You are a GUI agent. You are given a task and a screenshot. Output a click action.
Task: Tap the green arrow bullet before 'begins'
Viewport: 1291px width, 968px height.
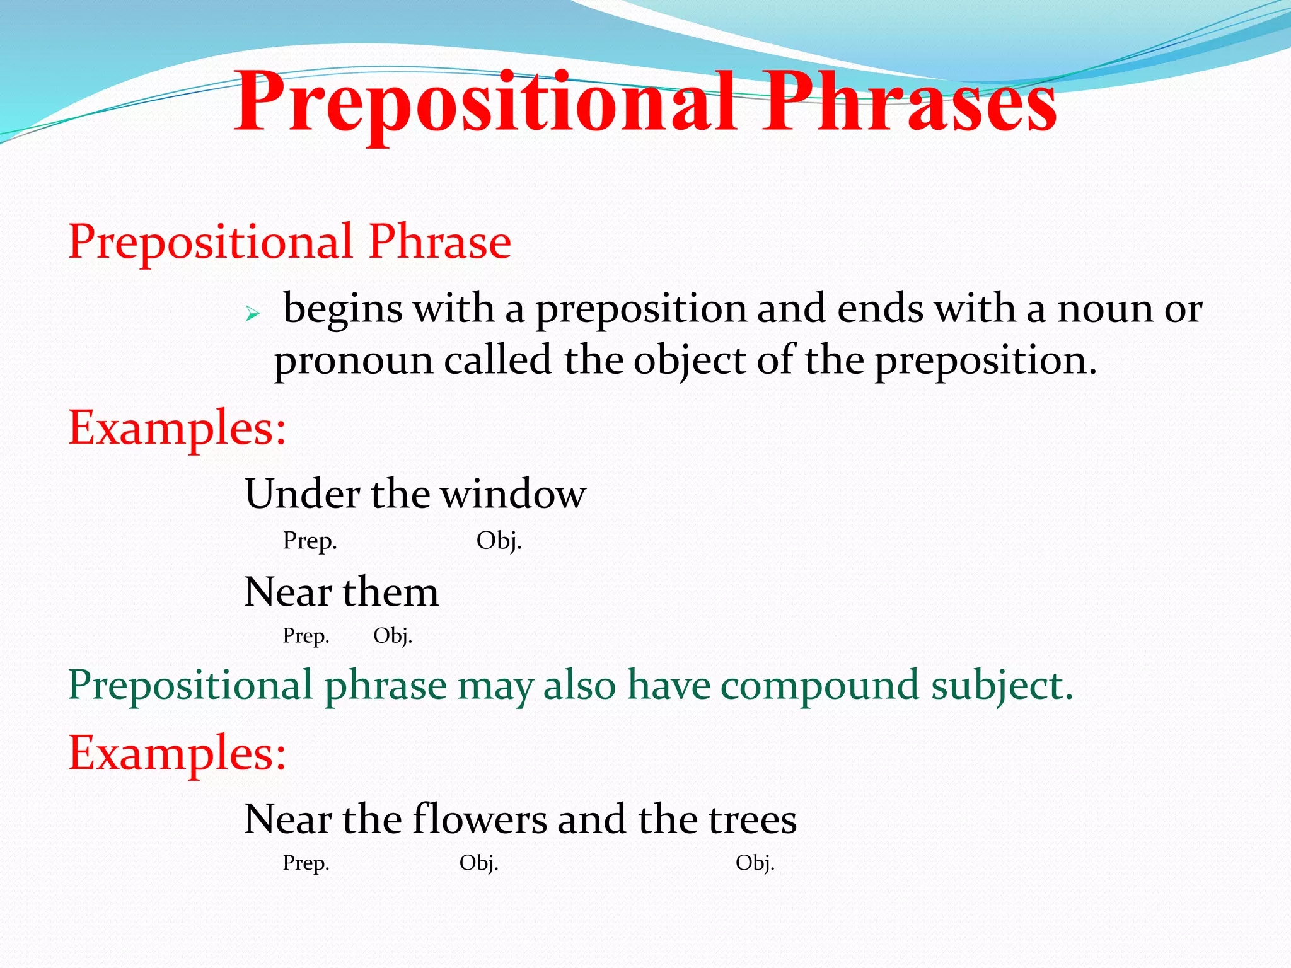tap(252, 313)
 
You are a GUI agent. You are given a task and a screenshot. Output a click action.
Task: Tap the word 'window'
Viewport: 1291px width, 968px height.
tap(513, 493)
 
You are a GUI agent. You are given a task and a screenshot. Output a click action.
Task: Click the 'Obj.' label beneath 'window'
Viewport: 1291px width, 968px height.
tap(499, 541)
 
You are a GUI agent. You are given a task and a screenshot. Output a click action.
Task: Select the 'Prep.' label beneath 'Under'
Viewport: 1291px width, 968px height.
tap(310, 541)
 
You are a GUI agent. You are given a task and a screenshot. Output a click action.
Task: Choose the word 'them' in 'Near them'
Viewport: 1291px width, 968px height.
tap(390, 592)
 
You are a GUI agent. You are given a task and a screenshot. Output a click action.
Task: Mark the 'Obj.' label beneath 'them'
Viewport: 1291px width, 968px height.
tap(392, 635)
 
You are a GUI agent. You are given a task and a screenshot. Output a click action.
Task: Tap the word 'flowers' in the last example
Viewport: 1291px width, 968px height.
tap(480, 819)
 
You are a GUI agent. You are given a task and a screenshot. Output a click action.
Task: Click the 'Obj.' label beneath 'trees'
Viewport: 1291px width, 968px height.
tap(755, 862)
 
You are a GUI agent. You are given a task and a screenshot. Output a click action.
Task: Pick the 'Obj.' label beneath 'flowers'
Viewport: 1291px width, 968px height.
tap(478, 862)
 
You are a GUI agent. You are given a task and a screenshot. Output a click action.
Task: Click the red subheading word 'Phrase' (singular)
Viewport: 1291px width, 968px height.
tap(439, 242)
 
